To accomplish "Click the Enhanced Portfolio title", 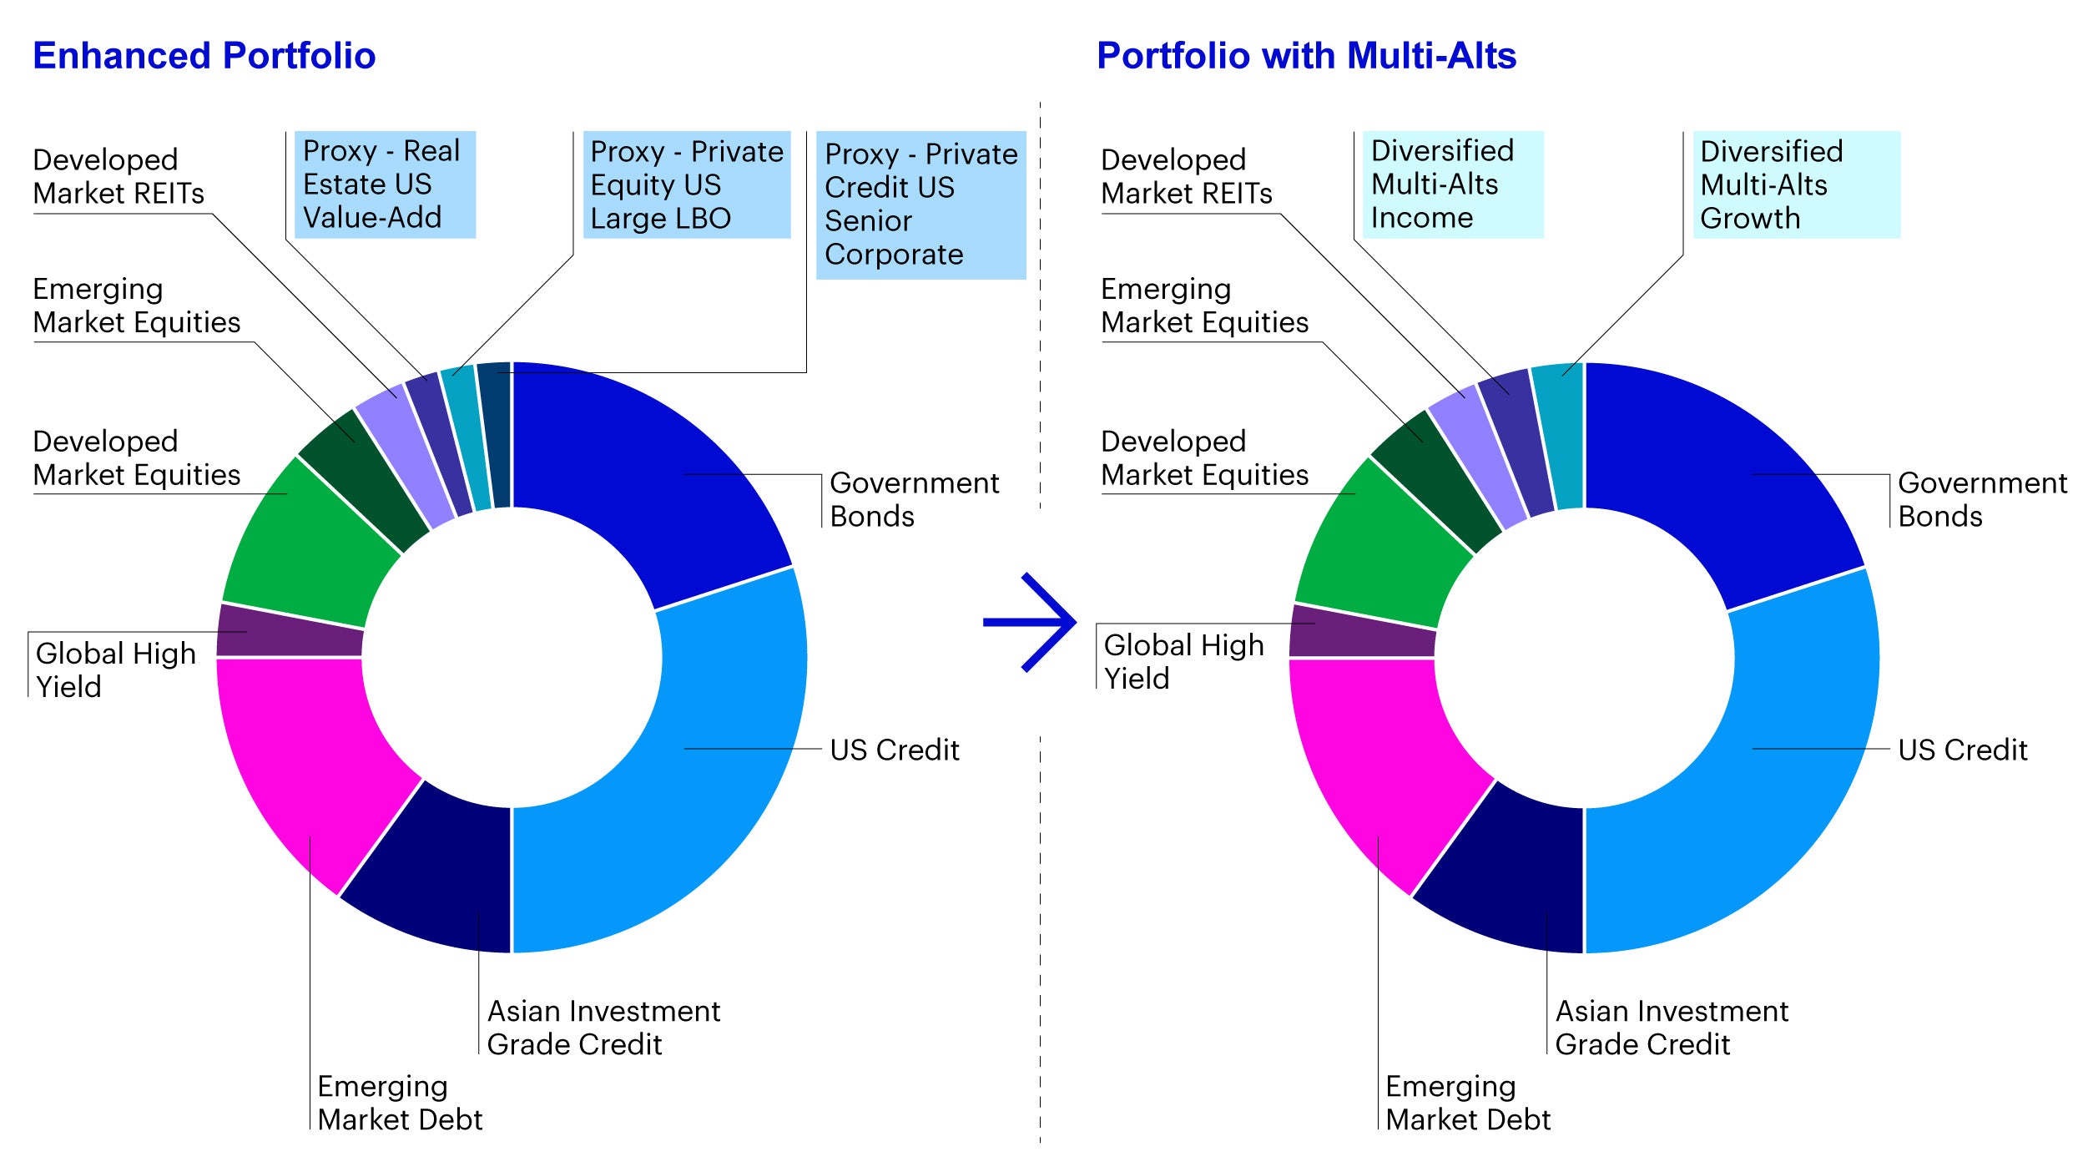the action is point(204,56).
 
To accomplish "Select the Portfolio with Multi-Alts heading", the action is point(1306,56).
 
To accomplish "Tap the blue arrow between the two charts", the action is point(1030,622).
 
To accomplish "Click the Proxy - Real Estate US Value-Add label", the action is point(385,184).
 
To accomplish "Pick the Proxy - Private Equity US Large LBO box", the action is point(687,184).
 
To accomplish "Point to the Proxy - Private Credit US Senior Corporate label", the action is point(921,205).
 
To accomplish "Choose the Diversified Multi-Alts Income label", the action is point(1453,184).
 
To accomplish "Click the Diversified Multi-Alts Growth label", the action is point(1796,184).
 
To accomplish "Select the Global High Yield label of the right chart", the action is point(1183,661).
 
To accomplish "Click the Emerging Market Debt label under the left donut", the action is point(400,1102).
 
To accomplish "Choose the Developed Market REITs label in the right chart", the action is point(1186,176).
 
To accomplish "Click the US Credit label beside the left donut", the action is point(895,750).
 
